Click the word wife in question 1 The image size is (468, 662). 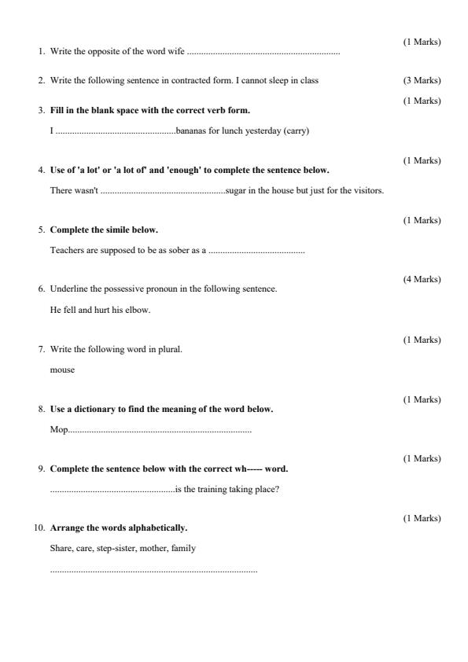(x=175, y=52)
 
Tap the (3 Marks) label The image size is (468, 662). (x=422, y=80)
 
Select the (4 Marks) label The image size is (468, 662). (x=422, y=279)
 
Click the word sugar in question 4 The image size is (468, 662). (x=235, y=190)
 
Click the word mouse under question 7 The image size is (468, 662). (x=62, y=370)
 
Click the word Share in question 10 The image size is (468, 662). (x=61, y=548)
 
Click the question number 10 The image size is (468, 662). (x=39, y=528)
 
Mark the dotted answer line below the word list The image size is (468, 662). (x=153, y=570)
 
